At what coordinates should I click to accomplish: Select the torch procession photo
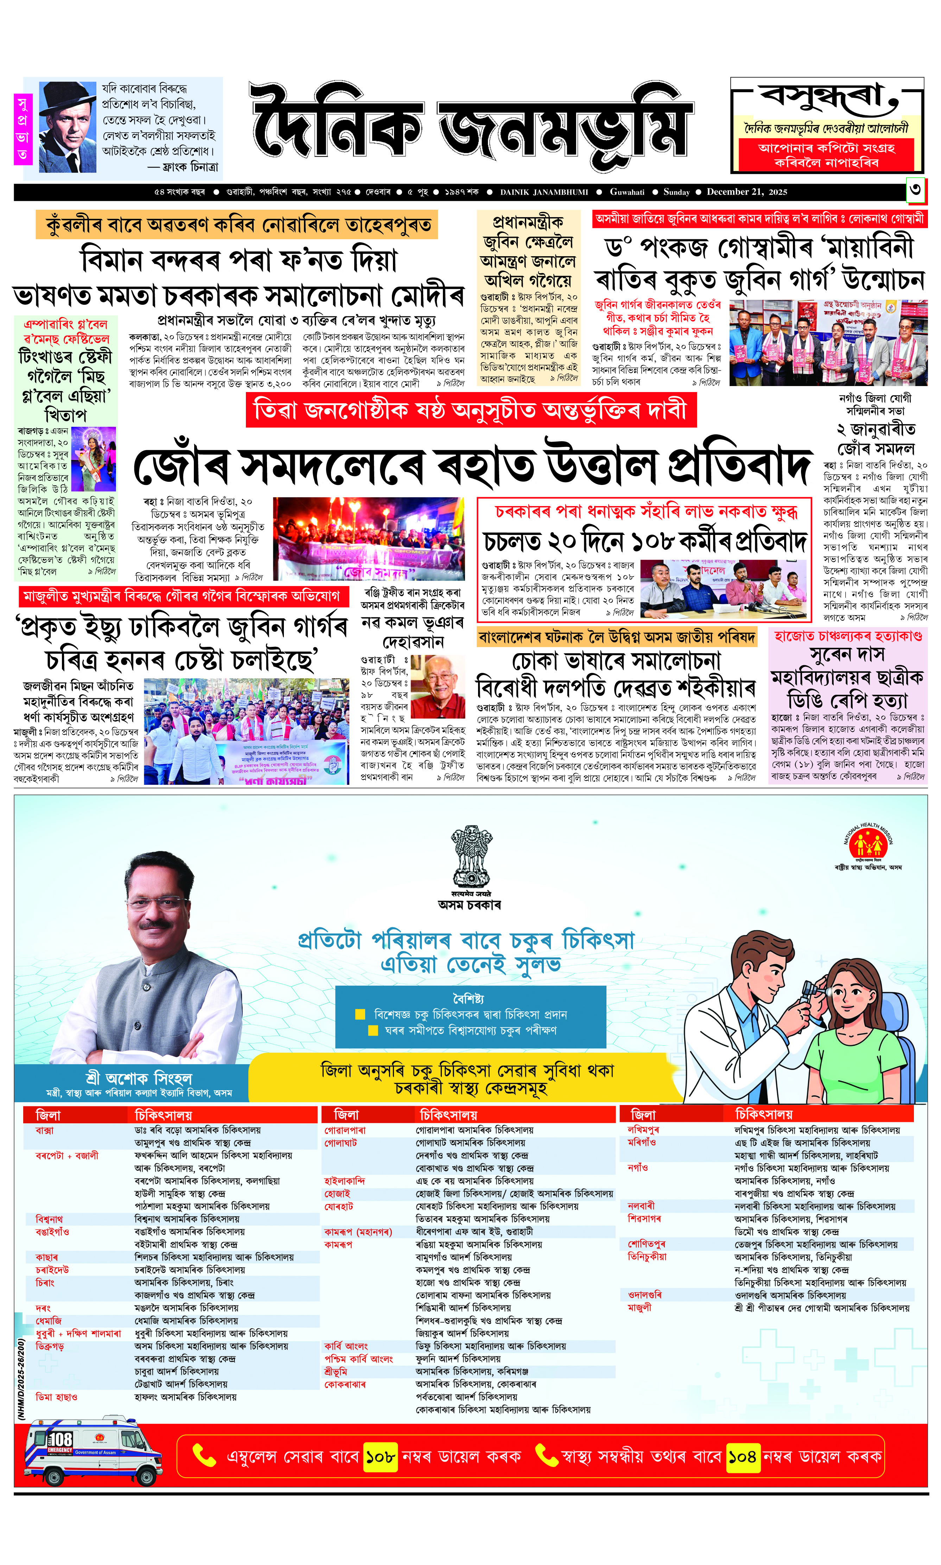click(369, 538)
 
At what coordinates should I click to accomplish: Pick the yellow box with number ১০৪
click(742, 1457)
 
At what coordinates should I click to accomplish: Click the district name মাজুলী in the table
click(639, 1307)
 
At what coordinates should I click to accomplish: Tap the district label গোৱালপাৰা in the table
click(345, 1130)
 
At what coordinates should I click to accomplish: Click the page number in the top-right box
click(915, 190)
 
